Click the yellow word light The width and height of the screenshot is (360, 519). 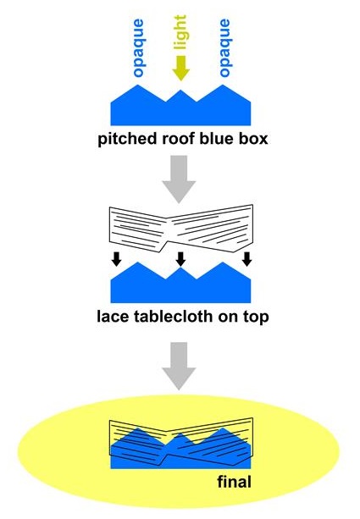(x=180, y=32)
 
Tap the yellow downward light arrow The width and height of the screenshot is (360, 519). (x=180, y=69)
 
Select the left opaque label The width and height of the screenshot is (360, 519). (x=138, y=48)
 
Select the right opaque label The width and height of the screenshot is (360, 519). (x=224, y=48)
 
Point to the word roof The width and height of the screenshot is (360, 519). (x=175, y=138)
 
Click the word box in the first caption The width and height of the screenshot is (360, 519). (x=254, y=138)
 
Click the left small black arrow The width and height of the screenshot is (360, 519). (x=116, y=259)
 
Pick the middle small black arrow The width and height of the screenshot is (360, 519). (x=180, y=259)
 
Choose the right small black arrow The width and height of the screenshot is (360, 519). (x=246, y=259)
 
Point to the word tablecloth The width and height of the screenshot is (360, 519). (x=173, y=316)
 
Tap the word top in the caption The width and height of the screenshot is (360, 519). (x=256, y=317)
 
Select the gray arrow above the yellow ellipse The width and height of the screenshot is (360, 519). (x=180, y=366)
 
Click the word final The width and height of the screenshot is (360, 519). (x=235, y=481)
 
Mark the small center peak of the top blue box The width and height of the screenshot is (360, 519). (x=180, y=90)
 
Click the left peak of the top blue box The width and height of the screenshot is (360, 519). (x=138, y=85)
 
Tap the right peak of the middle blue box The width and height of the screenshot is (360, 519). (x=223, y=262)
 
